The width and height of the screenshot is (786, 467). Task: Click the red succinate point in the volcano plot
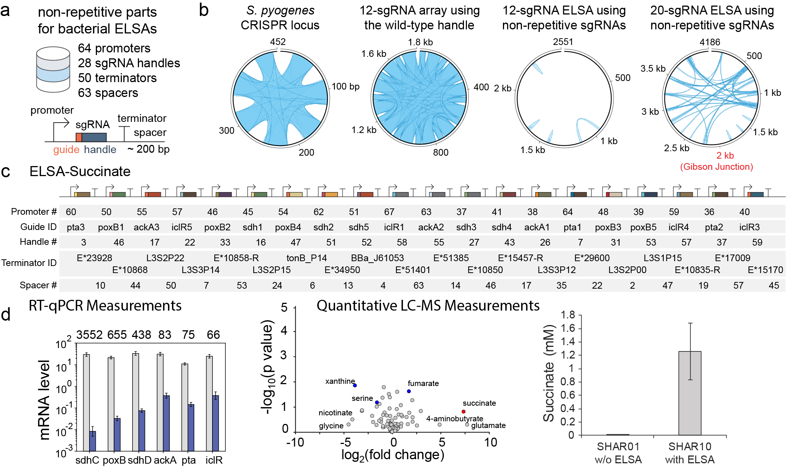coord(464,412)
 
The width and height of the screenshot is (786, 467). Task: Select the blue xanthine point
coord(355,385)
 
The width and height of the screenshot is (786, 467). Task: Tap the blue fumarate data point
coord(409,391)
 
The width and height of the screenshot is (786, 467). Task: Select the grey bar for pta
coord(185,407)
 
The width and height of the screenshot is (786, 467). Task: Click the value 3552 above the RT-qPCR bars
coord(89,335)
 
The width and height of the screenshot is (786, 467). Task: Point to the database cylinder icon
coord(53,69)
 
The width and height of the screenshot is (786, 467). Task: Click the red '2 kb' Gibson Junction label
coord(725,156)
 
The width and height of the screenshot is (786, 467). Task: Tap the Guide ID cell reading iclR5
coord(182,227)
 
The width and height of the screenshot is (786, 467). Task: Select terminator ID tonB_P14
coord(306,258)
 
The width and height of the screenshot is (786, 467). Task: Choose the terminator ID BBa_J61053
coord(377,258)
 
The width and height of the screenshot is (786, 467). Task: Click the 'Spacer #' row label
coord(38,285)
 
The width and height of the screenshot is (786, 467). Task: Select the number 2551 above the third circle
coord(563,42)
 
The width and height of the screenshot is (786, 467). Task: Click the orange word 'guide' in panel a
coord(66,149)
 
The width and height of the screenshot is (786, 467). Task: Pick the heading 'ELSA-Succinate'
coord(80,171)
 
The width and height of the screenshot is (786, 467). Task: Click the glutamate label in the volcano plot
coord(488,425)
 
